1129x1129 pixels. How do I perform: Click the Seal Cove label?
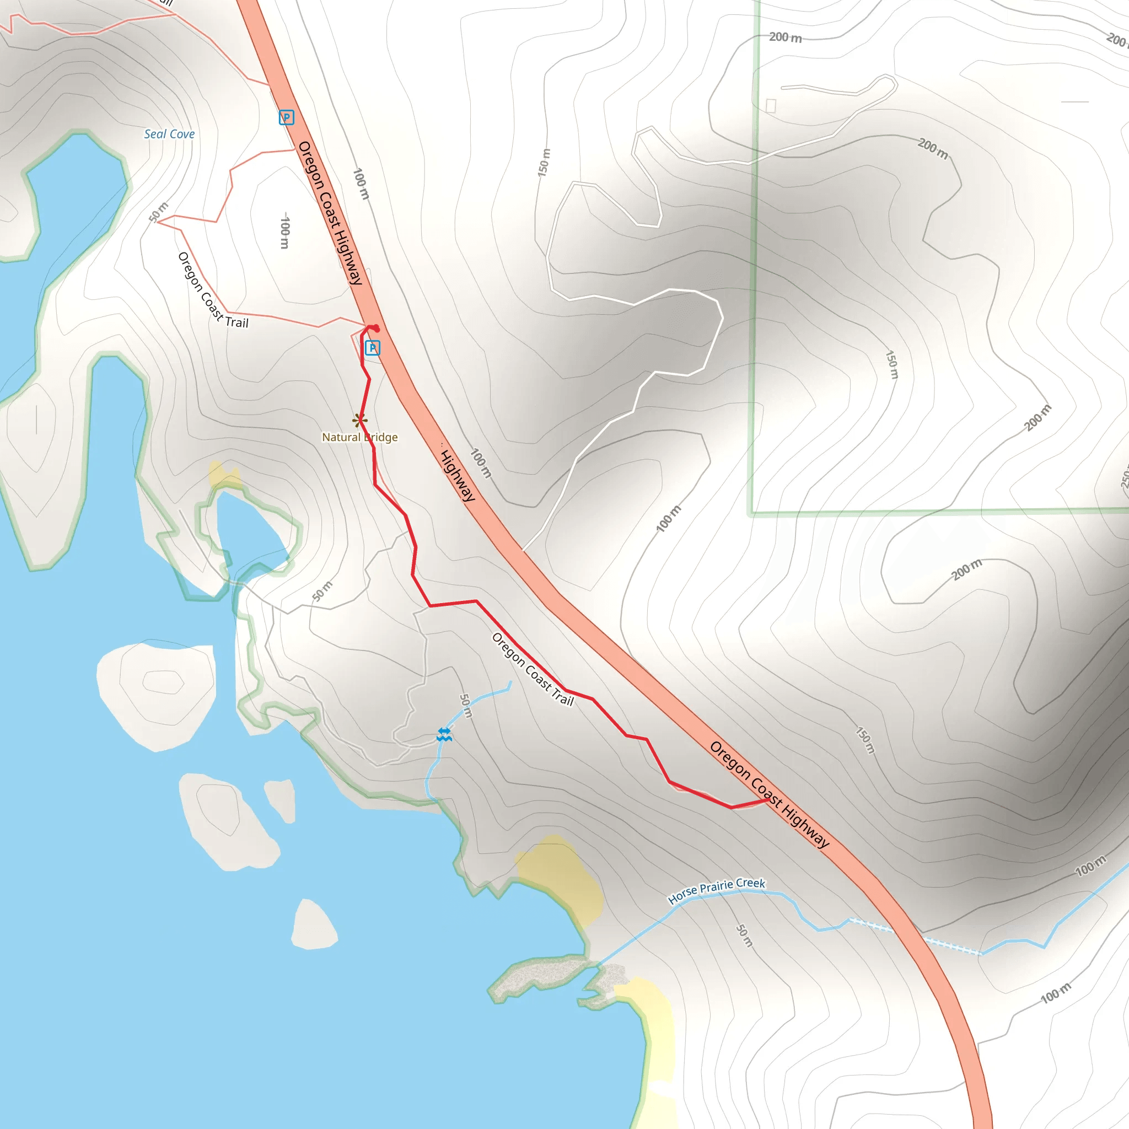click(169, 134)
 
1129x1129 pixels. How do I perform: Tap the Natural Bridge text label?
click(359, 437)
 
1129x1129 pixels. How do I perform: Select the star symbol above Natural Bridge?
click(360, 420)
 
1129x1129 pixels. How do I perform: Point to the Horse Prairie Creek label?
click(716, 891)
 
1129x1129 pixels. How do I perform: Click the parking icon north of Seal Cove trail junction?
click(286, 117)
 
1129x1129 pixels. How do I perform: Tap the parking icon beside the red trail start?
click(372, 348)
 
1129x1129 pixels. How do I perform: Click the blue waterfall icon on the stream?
click(444, 734)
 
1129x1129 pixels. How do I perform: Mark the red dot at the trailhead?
click(376, 329)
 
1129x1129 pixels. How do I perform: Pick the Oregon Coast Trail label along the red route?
click(533, 669)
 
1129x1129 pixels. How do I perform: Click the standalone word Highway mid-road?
click(458, 475)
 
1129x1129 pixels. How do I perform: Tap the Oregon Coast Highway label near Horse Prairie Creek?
click(769, 794)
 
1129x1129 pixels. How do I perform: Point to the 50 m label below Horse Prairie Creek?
click(744, 935)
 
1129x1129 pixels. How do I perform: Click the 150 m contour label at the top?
click(544, 163)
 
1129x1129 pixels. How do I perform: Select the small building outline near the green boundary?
click(771, 106)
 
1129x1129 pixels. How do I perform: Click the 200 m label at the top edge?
click(785, 37)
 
